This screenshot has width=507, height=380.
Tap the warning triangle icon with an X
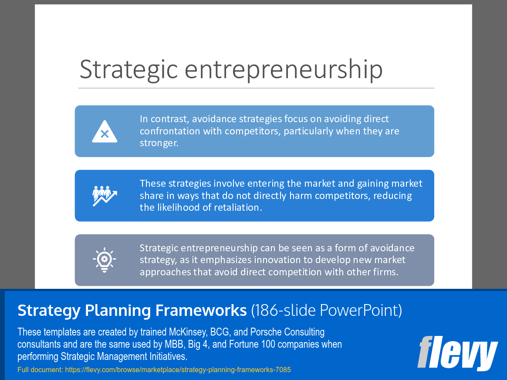click(x=105, y=132)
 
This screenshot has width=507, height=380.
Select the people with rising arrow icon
click(x=105, y=196)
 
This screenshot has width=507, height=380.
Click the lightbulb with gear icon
click(x=105, y=260)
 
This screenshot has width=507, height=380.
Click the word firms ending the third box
click(x=385, y=272)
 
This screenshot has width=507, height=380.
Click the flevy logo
click(x=457, y=353)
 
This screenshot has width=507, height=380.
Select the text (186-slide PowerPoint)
click(x=326, y=310)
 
